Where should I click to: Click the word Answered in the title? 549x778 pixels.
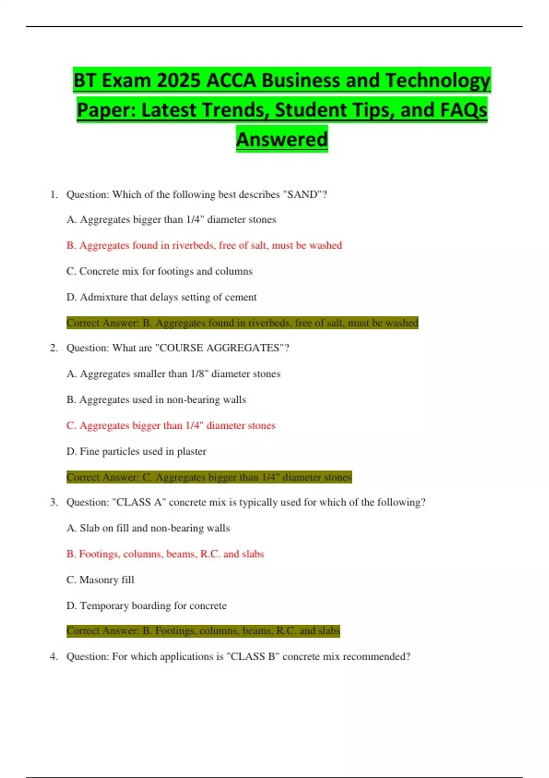pyautogui.click(x=282, y=140)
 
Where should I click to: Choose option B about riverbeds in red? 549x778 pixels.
pyautogui.click(x=204, y=245)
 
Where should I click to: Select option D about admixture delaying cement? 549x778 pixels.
pyautogui.click(x=161, y=297)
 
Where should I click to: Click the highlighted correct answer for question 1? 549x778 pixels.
pyautogui.click(x=242, y=323)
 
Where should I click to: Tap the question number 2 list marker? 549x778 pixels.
pyautogui.click(x=54, y=348)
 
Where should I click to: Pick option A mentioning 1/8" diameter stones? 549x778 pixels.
pyautogui.click(x=173, y=374)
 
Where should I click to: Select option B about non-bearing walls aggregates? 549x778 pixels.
pyautogui.click(x=156, y=400)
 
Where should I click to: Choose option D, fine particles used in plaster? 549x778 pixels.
pyautogui.click(x=136, y=451)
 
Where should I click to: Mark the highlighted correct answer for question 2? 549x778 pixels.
pyautogui.click(x=209, y=477)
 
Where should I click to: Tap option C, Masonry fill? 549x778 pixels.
pyautogui.click(x=100, y=580)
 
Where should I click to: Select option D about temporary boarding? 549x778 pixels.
pyautogui.click(x=146, y=605)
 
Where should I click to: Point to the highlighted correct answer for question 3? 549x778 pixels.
pyautogui.click(x=203, y=631)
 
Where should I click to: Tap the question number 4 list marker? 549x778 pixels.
pyautogui.click(x=54, y=656)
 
